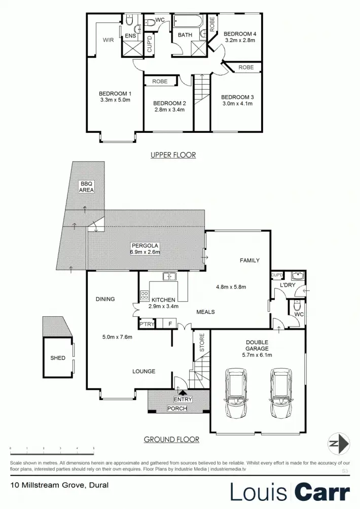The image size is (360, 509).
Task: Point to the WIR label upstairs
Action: [x=108, y=39]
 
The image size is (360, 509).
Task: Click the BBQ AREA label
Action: [x=86, y=187]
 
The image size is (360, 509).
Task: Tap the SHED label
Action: [x=58, y=358]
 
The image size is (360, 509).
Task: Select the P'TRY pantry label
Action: [x=147, y=324]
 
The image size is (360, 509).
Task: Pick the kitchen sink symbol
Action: [x=169, y=276]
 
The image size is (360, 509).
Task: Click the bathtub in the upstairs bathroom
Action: [x=187, y=22]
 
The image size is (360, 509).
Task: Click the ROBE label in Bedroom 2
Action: [x=160, y=80]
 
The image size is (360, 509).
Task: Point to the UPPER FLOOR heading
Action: [x=173, y=155]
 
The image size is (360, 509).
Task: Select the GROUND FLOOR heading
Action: [x=171, y=440]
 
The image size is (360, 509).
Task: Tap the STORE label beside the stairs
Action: [x=201, y=343]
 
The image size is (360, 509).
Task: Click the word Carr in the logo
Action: [x=322, y=491]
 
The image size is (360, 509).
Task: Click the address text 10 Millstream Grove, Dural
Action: [x=59, y=485]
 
